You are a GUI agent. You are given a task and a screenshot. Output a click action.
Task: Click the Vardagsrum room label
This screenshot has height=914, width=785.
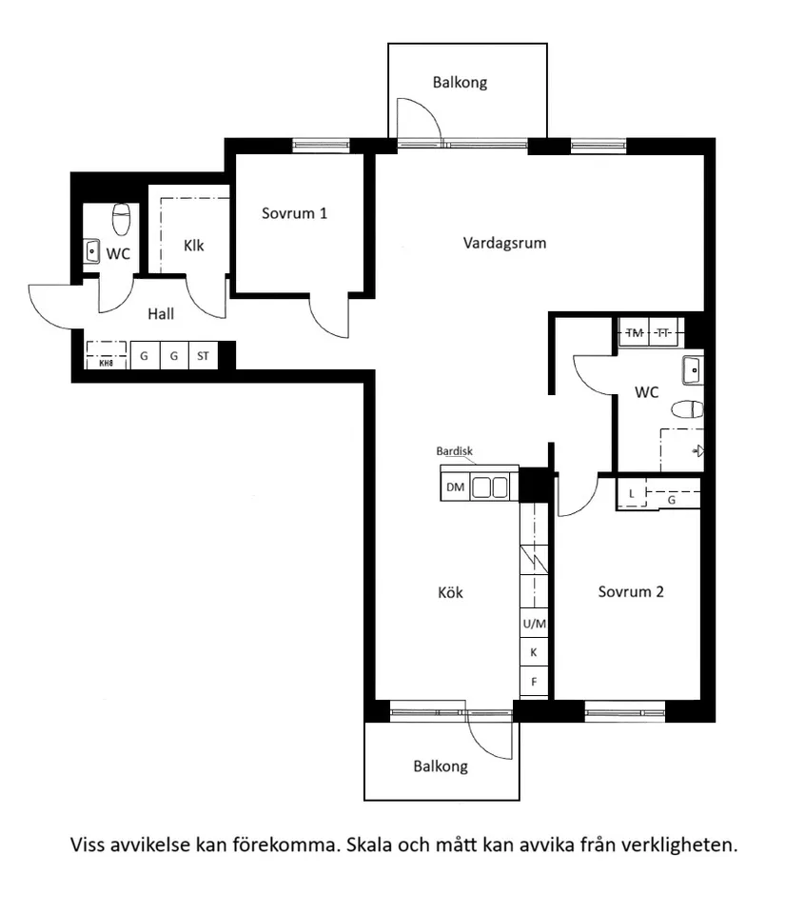(x=504, y=243)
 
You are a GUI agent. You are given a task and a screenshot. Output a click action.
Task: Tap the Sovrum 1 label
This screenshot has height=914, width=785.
(x=295, y=213)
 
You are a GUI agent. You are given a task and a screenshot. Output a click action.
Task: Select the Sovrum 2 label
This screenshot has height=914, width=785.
(x=631, y=592)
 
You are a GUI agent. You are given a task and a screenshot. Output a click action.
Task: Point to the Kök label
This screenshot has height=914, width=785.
(x=450, y=592)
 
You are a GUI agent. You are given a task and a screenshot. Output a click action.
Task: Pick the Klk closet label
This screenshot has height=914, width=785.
(x=194, y=246)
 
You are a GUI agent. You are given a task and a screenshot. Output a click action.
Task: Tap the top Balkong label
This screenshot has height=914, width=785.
(x=460, y=83)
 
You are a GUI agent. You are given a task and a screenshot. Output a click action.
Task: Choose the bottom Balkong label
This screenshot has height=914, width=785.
(x=441, y=766)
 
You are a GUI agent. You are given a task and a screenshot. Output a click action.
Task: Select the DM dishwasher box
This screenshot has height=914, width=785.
(x=456, y=487)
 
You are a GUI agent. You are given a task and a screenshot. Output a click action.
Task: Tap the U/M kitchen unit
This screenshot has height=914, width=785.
(x=535, y=624)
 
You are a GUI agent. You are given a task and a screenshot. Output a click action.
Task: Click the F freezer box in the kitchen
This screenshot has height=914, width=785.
(x=535, y=682)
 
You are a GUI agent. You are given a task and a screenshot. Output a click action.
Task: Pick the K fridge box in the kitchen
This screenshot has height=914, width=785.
(x=535, y=653)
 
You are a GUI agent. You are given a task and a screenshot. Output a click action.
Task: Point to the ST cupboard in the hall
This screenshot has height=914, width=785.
(x=203, y=356)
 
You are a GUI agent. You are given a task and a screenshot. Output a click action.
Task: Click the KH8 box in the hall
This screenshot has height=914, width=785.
(x=106, y=362)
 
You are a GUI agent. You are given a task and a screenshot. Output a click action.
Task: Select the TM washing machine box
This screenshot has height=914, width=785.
(x=635, y=332)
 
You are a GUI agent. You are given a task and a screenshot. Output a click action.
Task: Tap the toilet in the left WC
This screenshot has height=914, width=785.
(x=121, y=220)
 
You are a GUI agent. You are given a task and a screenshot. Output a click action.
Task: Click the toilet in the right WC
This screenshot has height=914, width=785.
(x=687, y=409)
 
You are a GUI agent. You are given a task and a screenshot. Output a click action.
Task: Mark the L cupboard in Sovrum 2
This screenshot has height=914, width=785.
(x=631, y=493)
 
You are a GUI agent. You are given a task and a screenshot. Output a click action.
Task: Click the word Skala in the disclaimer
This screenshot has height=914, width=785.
(x=370, y=844)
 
